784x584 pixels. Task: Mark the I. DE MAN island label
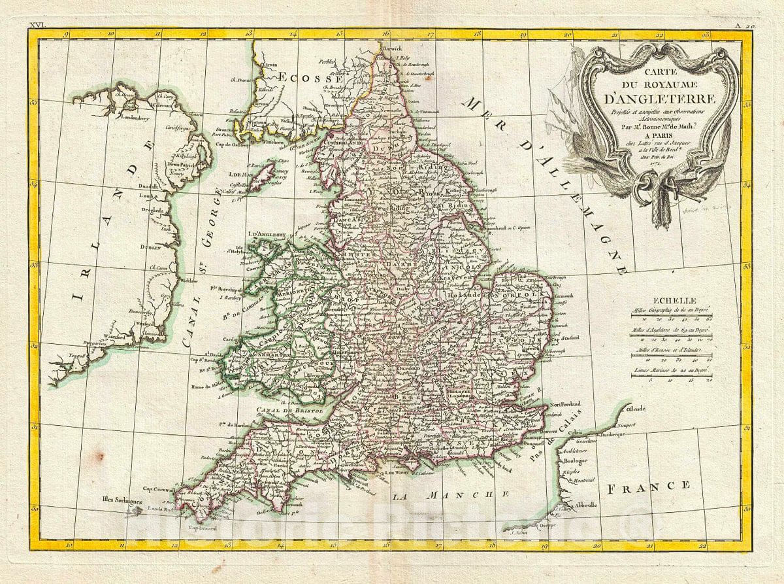pyautogui.click(x=240, y=175)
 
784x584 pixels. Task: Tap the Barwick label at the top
pyautogui.click(x=395, y=48)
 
